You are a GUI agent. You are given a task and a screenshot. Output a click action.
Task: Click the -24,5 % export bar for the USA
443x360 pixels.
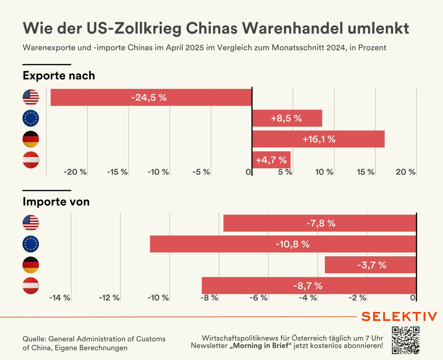point(151,97)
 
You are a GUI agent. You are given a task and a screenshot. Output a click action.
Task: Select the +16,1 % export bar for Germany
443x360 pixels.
point(318,139)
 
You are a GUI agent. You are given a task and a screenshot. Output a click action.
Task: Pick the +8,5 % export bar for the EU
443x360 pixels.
point(287,119)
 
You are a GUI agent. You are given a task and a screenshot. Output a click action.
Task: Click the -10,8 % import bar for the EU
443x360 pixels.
point(283,244)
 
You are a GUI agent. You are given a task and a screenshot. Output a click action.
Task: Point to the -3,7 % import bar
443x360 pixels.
point(370,265)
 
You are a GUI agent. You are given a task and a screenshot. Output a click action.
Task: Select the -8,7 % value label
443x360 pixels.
point(308,285)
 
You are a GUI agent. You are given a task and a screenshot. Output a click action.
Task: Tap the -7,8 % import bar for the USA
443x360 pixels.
point(320,223)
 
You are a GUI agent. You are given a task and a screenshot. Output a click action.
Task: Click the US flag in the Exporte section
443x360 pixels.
point(31,97)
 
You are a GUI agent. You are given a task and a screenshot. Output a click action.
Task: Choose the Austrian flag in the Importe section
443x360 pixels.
point(31,285)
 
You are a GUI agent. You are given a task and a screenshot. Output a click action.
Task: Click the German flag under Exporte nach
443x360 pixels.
point(31,139)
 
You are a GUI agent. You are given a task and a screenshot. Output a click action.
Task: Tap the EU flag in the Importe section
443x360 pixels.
point(31,244)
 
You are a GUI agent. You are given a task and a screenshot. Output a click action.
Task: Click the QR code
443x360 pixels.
point(406,340)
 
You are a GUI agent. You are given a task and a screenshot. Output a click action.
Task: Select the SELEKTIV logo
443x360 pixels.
point(399,316)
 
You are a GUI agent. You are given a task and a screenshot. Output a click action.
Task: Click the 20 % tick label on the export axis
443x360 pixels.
point(405,172)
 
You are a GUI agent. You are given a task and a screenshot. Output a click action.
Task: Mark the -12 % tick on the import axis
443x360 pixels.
point(109,298)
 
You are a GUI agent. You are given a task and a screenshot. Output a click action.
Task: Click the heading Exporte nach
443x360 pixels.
point(59,76)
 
